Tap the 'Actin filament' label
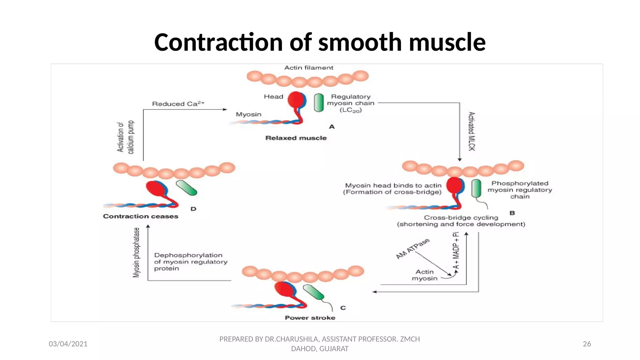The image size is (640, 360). click(308, 68)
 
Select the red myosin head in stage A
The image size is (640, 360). click(295, 100)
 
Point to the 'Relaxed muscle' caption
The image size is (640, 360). click(296, 138)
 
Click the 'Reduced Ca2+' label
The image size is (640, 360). click(178, 104)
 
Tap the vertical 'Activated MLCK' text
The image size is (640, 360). click(472, 131)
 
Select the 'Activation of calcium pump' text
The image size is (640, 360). click(125, 137)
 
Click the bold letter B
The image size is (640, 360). click(512, 213)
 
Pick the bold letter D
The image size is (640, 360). click(193, 209)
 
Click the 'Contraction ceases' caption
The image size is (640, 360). click(141, 216)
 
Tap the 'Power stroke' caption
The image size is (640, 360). click(310, 318)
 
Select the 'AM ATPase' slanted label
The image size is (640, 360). click(412, 248)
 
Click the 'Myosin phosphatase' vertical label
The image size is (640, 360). click(136, 252)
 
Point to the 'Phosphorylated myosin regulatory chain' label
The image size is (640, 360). click(520, 190)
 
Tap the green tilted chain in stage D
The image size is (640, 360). click(186, 188)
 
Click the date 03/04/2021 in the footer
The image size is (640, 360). click(68, 344)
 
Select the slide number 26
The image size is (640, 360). click(587, 344)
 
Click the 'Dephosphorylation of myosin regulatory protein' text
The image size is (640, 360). click(190, 262)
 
